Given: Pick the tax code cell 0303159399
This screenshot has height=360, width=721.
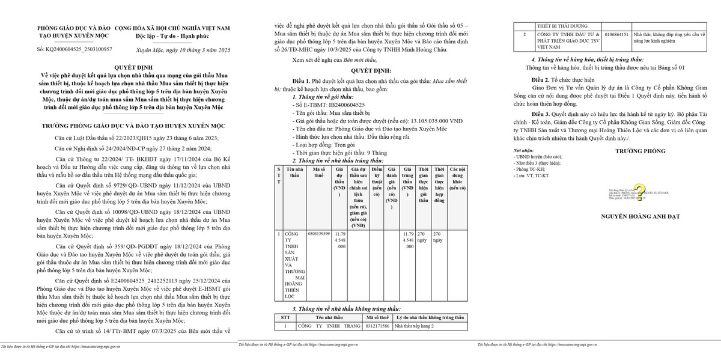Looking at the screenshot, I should click(x=318, y=233).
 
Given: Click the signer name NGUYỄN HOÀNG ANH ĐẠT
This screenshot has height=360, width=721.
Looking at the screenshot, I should click(x=637, y=215).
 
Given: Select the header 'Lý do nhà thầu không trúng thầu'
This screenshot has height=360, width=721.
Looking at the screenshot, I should click(x=430, y=317).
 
